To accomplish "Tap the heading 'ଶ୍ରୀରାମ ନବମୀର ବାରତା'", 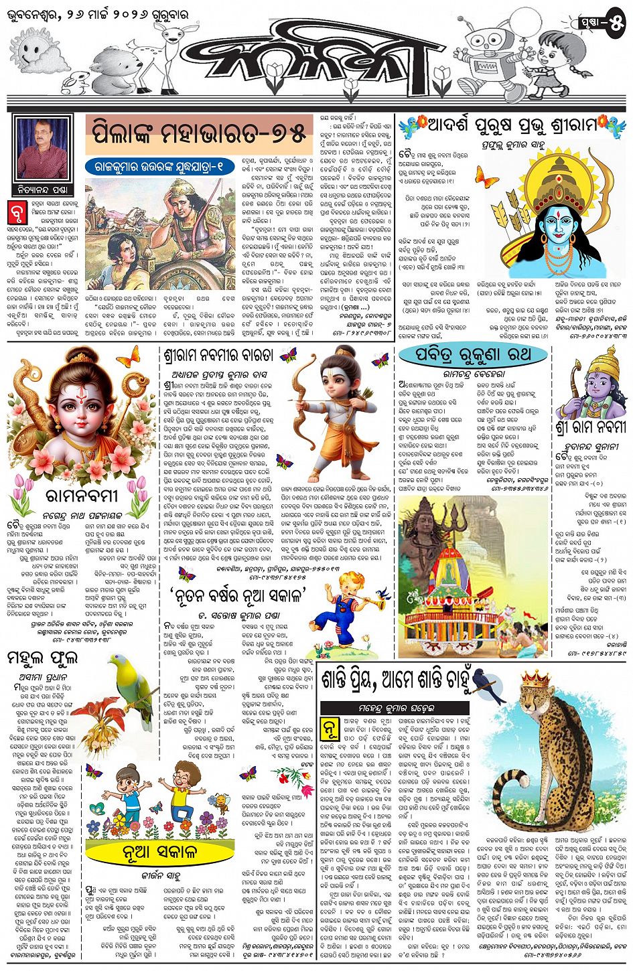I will point(213,355).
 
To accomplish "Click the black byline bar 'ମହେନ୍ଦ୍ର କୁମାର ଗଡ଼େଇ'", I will point(395,708).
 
